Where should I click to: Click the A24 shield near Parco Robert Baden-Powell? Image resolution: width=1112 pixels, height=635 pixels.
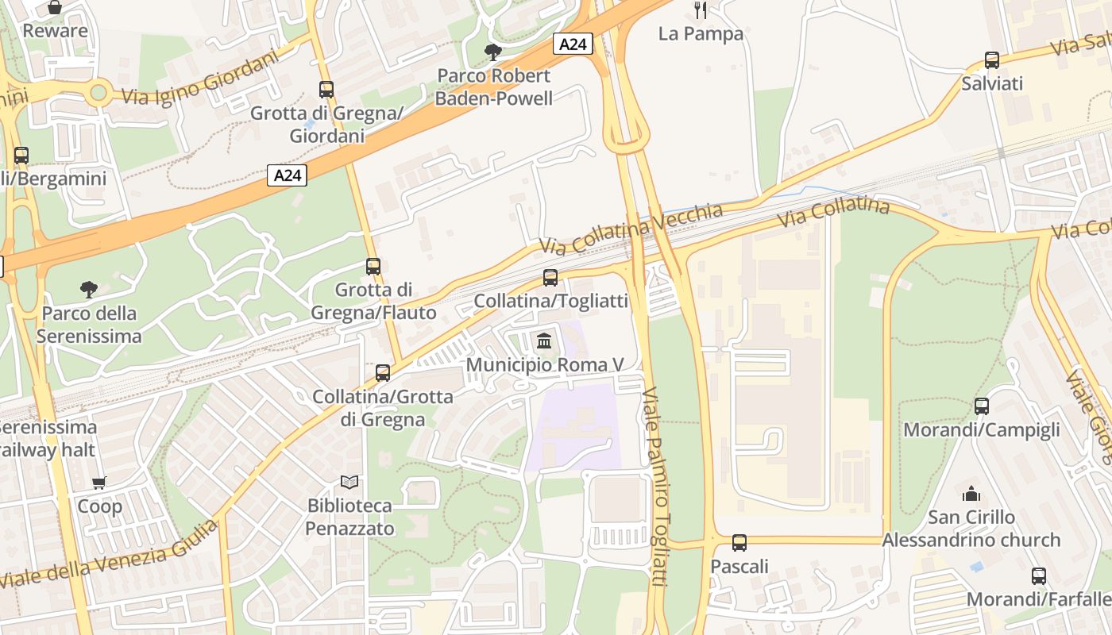(572, 44)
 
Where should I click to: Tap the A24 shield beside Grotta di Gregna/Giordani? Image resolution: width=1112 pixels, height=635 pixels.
(286, 175)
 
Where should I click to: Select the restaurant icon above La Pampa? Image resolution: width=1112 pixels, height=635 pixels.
(700, 10)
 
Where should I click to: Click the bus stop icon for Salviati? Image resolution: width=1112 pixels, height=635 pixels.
(991, 60)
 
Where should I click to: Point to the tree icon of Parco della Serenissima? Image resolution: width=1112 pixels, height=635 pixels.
(89, 289)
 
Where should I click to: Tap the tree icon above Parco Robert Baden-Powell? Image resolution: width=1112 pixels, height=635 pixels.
(492, 52)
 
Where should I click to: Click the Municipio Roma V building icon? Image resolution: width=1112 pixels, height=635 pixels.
(544, 341)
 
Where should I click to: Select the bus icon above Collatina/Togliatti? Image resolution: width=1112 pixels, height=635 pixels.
(550, 278)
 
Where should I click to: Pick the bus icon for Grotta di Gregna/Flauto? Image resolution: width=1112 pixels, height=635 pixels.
(373, 267)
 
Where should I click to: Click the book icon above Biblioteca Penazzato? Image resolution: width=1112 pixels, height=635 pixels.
(349, 482)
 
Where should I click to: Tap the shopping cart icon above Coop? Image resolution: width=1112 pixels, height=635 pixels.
(99, 483)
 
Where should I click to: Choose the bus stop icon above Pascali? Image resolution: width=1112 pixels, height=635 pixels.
(739, 543)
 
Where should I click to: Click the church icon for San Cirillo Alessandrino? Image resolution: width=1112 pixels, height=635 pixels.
(971, 494)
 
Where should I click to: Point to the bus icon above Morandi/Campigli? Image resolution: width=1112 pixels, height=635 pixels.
(982, 406)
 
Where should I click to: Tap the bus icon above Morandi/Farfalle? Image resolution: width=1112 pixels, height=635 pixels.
(1038, 576)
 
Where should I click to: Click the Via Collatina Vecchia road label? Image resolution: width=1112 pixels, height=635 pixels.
(631, 228)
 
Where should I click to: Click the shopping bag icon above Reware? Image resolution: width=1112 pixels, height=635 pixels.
(55, 8)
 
